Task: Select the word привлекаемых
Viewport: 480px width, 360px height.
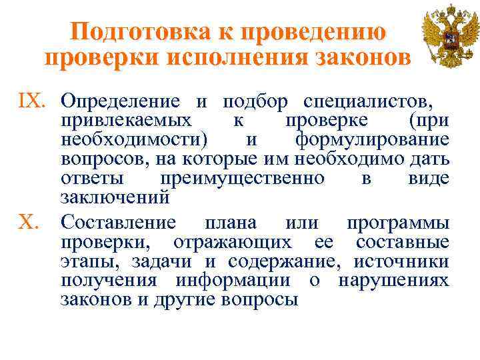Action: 126,121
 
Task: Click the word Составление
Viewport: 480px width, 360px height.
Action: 118,222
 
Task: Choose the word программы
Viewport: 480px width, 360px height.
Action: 397,222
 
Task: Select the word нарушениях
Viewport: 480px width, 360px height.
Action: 394,280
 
